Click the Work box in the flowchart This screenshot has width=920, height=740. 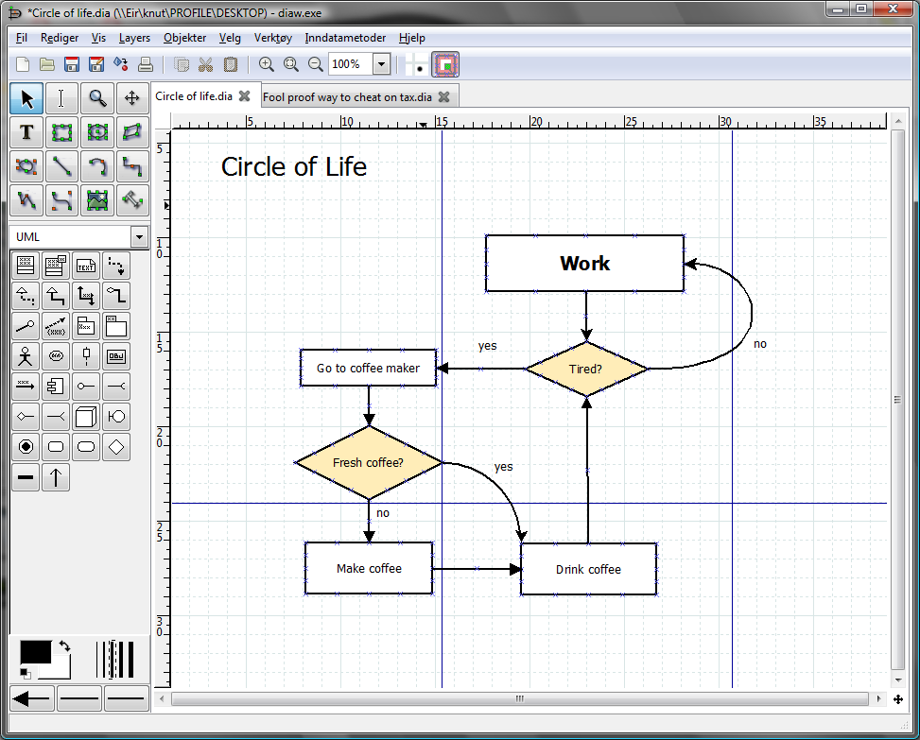(x=585, y=264)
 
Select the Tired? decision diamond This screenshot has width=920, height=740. (x=586, y=369)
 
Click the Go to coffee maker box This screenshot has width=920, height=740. (x=369, y=368)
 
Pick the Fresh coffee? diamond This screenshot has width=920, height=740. (x=369, y=463)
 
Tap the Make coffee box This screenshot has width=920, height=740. (x=369, y=568)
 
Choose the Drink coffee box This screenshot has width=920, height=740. (x=588, y=569)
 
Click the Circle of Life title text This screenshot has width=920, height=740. (x=294, y=166)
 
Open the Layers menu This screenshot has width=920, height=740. (x=134, y=38)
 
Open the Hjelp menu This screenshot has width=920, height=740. (x=412, y=38)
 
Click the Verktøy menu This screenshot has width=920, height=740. (x=273, y=38)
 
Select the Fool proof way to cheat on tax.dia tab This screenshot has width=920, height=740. (x=347, y=97)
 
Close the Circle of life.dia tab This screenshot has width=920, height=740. (x=245, y=96)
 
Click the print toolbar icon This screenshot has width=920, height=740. (x=145, y=64)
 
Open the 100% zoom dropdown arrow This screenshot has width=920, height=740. (x=381, y=64)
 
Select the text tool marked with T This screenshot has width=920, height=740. (x=26, y=132)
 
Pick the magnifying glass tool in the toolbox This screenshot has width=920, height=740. (x=97, y=98)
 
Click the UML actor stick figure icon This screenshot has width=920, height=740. (x=26, y=356)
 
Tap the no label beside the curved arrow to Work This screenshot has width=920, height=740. (x=760, y=344)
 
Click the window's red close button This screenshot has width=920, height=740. (x=893, y=9)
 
